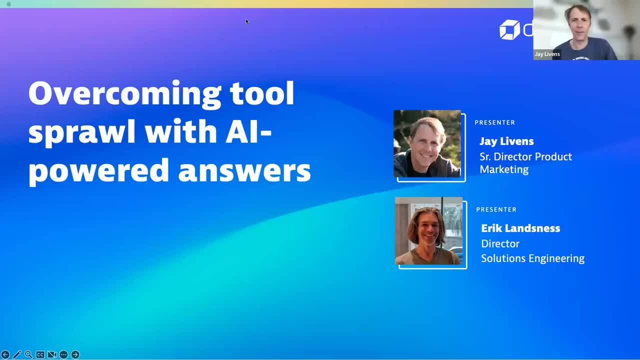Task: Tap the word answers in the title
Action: pos(244,170)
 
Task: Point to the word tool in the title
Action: pos(262,93)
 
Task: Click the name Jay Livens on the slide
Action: pos(506,141)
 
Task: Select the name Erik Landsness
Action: pos(520,228)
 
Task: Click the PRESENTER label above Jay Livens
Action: pos(494,122)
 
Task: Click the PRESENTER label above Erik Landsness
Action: pos(496,209)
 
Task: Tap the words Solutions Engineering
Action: pos(532,258)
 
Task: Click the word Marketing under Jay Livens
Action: pos(503,169)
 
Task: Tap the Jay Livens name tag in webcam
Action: pos(547,54)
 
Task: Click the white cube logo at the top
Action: pos(509,29)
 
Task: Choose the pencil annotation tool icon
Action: pos(17,354)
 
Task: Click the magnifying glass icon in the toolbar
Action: pos(28,354)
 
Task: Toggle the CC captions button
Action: pos(40,354)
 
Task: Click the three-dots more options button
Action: pos(63,354)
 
